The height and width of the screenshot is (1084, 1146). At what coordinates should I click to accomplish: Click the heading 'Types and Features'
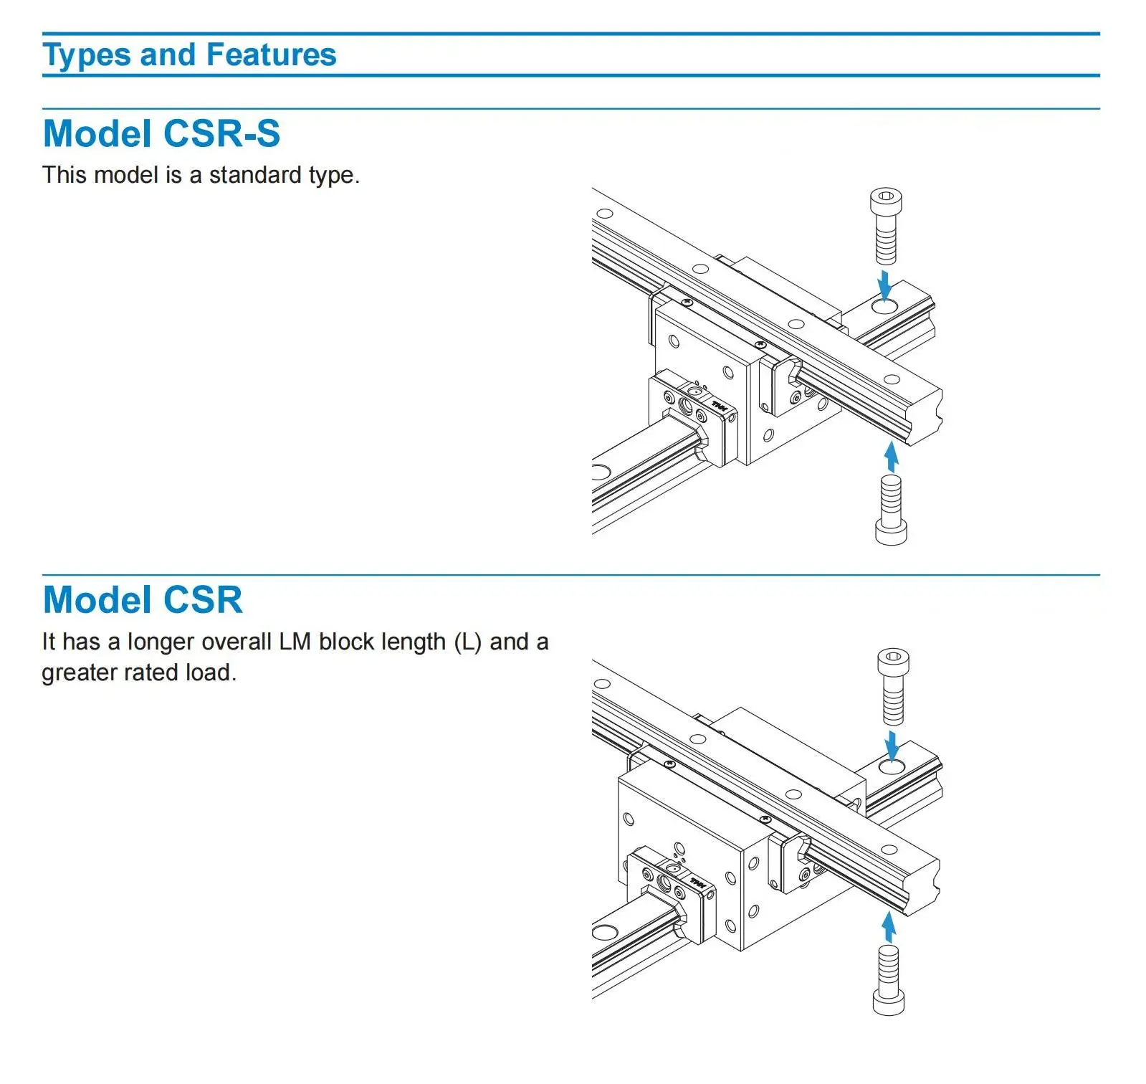point(189,55)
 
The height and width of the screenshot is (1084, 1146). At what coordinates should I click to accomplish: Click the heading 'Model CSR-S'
point(161,134)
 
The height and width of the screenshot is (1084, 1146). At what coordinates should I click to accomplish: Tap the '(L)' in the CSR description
point(468,642)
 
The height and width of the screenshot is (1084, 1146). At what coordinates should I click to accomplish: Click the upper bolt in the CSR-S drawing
point(886,226)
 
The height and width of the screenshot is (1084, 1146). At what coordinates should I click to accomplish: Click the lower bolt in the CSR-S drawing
point(891,509)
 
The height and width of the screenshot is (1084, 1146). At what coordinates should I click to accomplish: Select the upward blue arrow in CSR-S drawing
point(891,457)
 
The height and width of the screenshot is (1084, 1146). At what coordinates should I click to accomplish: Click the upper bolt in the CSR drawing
point(893,686)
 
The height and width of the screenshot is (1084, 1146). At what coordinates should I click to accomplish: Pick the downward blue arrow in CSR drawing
point(892,746)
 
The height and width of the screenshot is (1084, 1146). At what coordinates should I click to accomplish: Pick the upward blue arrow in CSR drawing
point(889,926)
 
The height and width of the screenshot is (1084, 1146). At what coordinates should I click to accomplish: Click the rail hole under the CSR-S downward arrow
point(885,307)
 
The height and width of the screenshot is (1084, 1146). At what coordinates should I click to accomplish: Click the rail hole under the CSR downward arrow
point(892,767)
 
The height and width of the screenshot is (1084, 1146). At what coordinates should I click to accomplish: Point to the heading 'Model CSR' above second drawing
point(143,600)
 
